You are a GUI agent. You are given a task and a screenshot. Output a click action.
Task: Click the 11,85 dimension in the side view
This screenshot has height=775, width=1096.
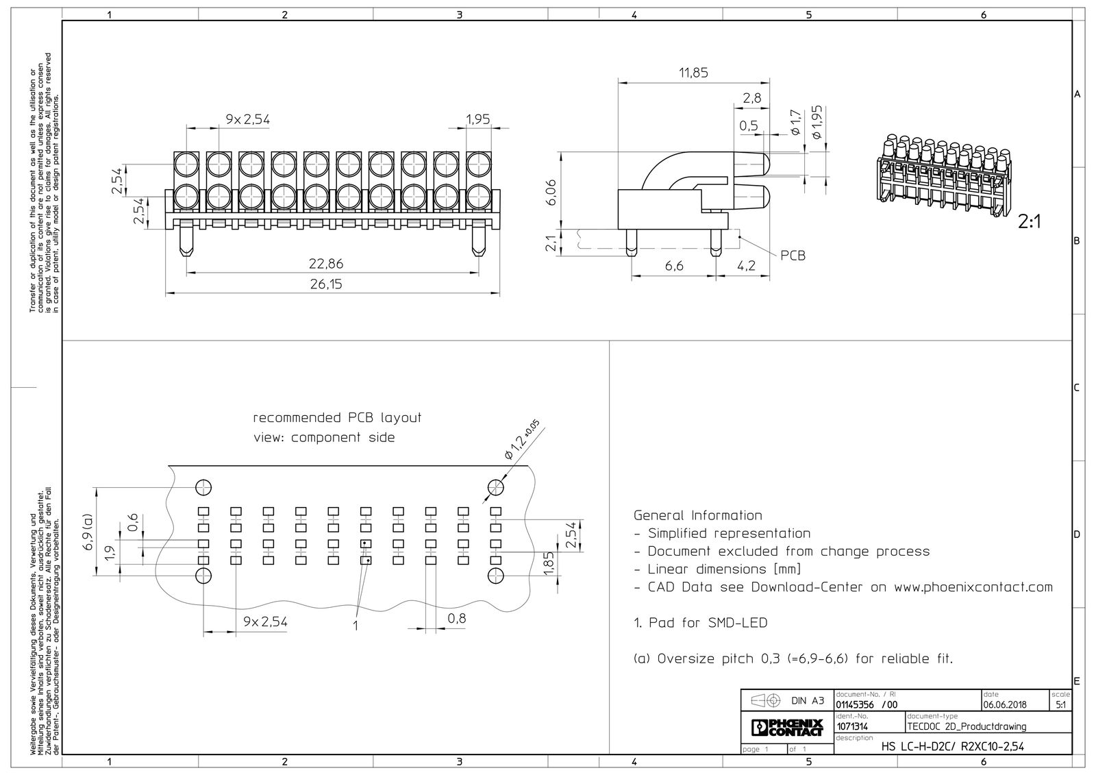[693, 73]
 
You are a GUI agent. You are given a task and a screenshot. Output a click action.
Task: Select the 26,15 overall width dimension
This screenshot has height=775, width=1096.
[326, 284]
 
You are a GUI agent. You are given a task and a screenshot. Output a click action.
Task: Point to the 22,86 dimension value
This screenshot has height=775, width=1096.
[326, 264]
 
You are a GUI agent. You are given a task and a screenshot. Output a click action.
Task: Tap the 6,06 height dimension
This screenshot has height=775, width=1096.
[551, 192]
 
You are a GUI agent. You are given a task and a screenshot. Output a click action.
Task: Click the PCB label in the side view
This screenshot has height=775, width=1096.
[793, 256]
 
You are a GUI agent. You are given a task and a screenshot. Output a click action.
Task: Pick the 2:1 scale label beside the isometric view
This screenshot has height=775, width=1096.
[1030, 222]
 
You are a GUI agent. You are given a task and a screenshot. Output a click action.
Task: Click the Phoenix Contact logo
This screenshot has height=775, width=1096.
[787, 728]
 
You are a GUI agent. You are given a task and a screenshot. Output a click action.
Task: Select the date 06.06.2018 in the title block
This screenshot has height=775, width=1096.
[1004, 705]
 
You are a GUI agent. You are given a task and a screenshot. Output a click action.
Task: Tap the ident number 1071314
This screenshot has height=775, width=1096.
[852, 726]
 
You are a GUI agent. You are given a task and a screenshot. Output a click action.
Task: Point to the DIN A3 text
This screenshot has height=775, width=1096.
[808, 701]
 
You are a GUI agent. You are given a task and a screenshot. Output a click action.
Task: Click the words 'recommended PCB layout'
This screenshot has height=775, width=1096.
[336, 417]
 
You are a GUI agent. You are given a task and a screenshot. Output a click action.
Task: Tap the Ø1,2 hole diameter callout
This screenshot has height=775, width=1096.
[521, 440]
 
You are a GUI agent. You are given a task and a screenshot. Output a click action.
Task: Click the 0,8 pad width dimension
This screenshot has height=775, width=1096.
[456, 618]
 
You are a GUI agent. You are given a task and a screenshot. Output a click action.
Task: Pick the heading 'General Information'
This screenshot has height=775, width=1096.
[698, 515]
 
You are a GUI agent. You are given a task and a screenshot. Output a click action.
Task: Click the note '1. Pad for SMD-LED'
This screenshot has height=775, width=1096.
[701, 623]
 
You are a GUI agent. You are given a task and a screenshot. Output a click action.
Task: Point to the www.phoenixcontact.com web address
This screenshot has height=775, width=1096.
[973, 587]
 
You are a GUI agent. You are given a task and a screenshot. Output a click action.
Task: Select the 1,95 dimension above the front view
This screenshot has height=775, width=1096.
[477, 119]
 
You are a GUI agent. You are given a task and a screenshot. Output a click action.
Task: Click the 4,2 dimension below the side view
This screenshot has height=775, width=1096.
[746, 266]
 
